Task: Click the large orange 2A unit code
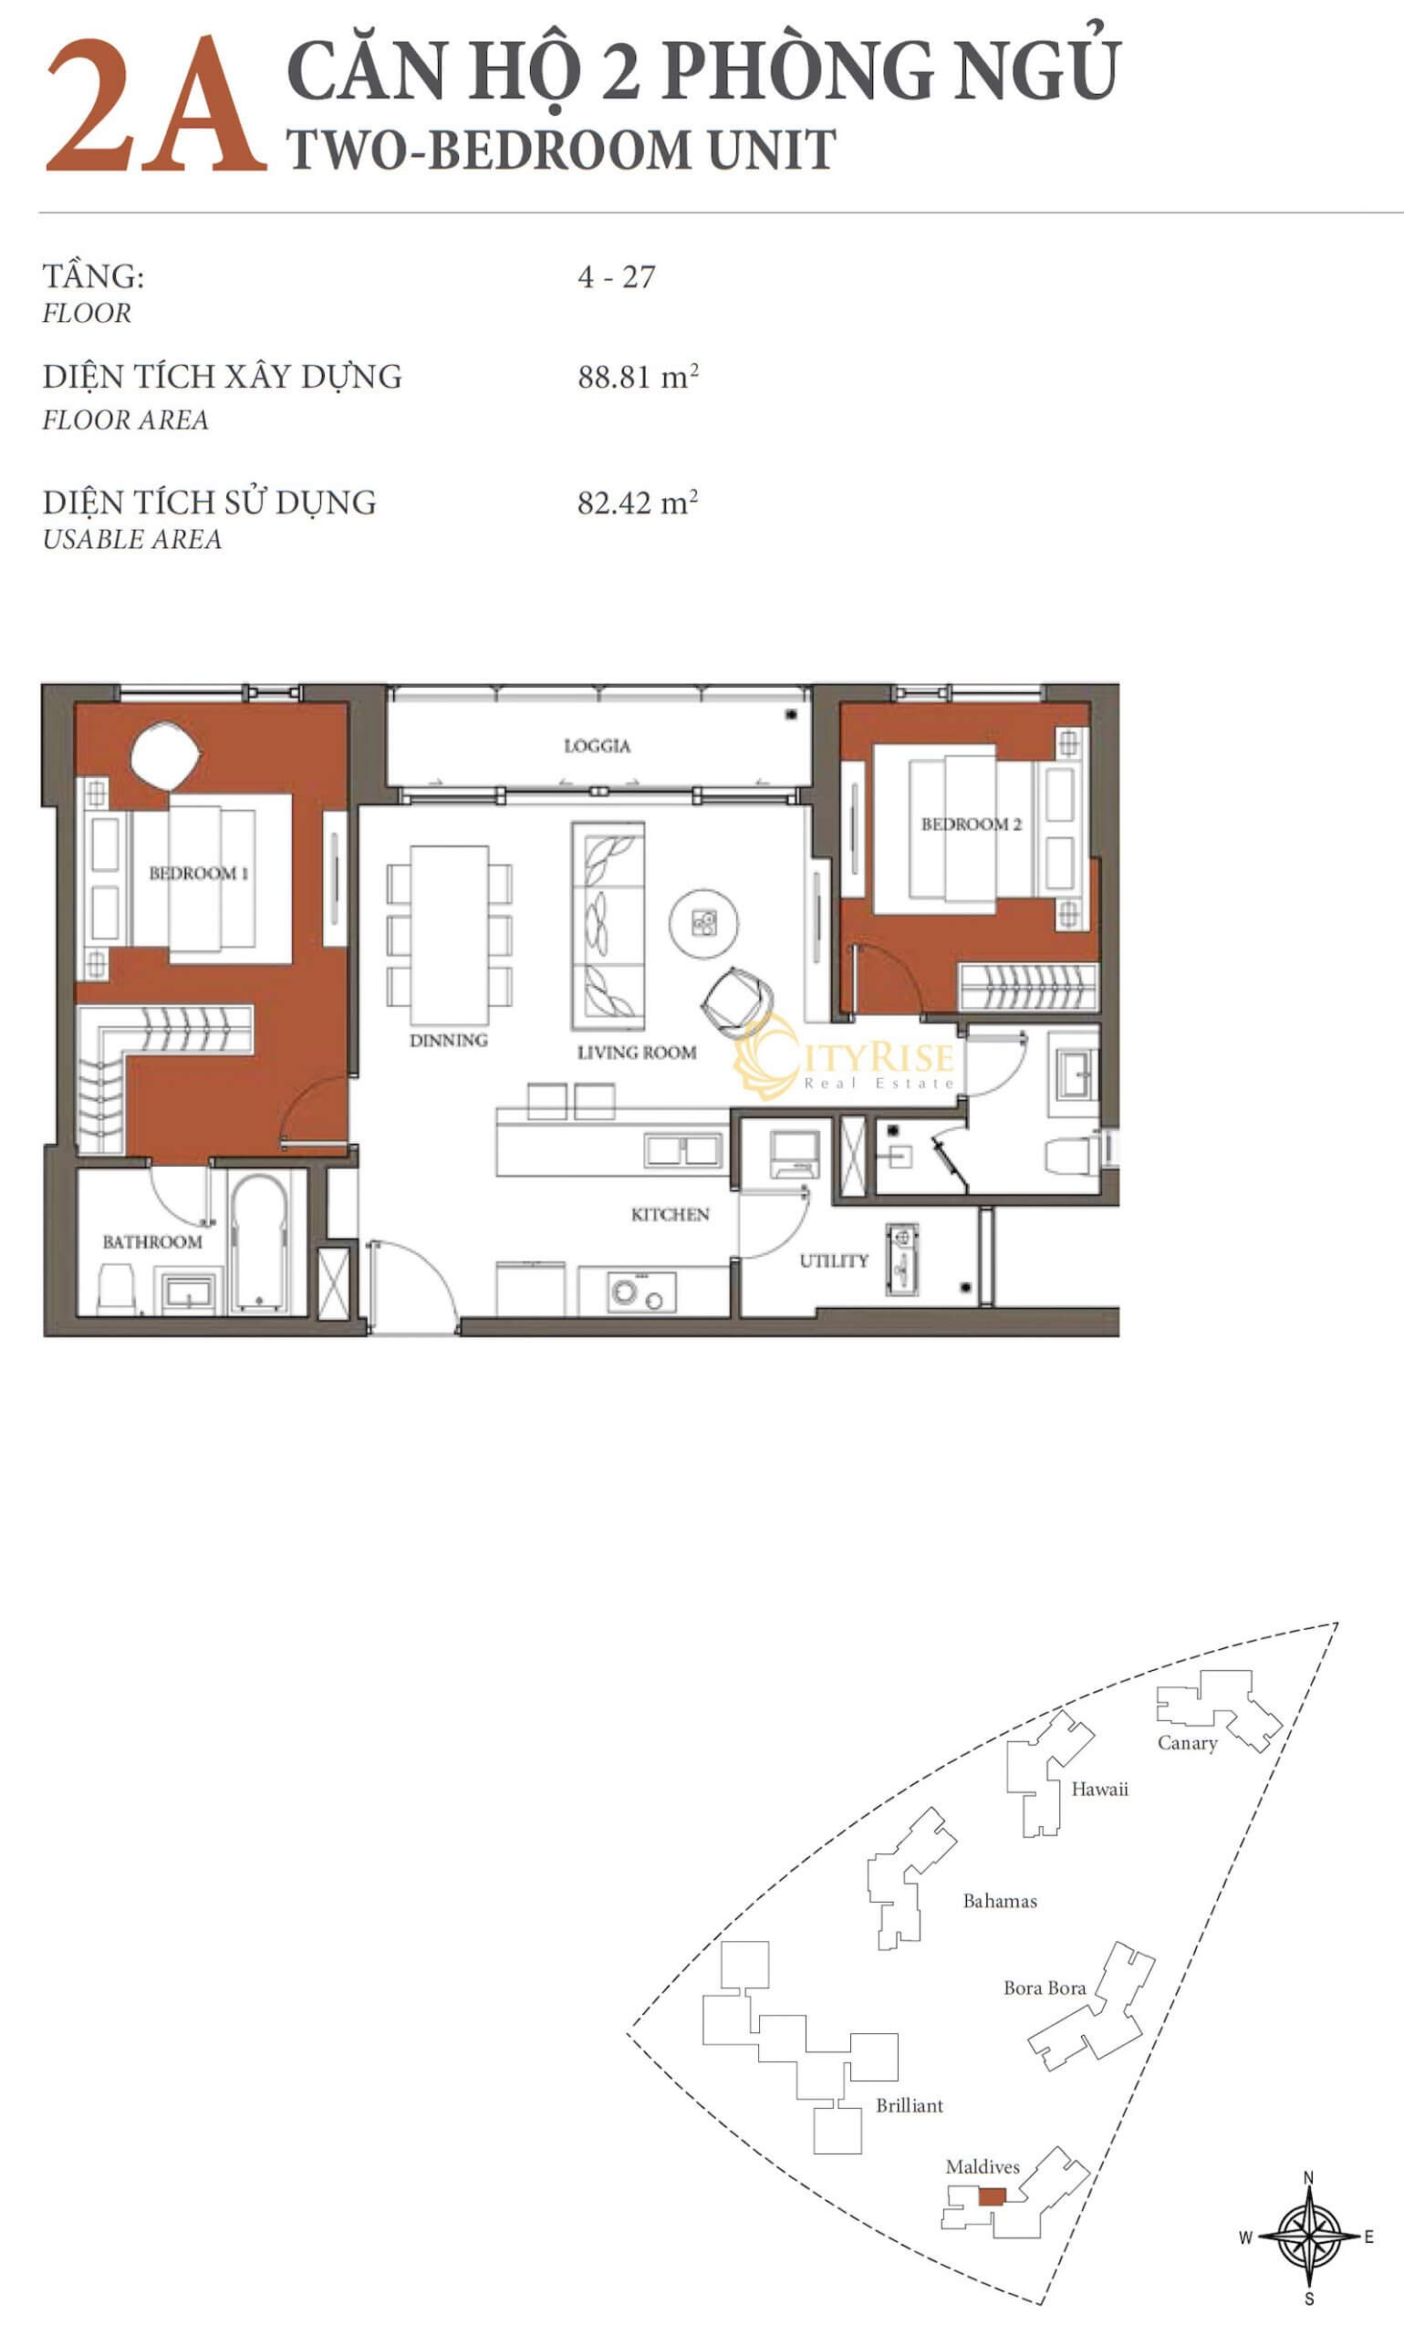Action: (156, 106)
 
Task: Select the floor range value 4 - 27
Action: (616, 277)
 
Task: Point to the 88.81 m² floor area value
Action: (638, 377)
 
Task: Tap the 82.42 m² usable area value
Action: (638, 502)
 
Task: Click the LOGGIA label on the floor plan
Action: (597, 746)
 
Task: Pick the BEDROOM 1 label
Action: (199, 873)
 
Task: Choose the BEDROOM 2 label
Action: (972, 825)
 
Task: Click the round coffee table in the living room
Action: (704, 923)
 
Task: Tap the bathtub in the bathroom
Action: (258, 1242)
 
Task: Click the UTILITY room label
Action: (834, 1261)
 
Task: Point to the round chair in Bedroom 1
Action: (165, 755)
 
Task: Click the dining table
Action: (450, 934)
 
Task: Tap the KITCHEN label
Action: (670, 1214)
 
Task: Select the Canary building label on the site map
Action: (1188, 1743)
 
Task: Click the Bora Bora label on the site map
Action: (1045, 1980)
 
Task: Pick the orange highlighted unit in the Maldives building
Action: (992, 2197)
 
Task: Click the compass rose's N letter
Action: (1308, 2178)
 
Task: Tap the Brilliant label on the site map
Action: (910, 2105)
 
